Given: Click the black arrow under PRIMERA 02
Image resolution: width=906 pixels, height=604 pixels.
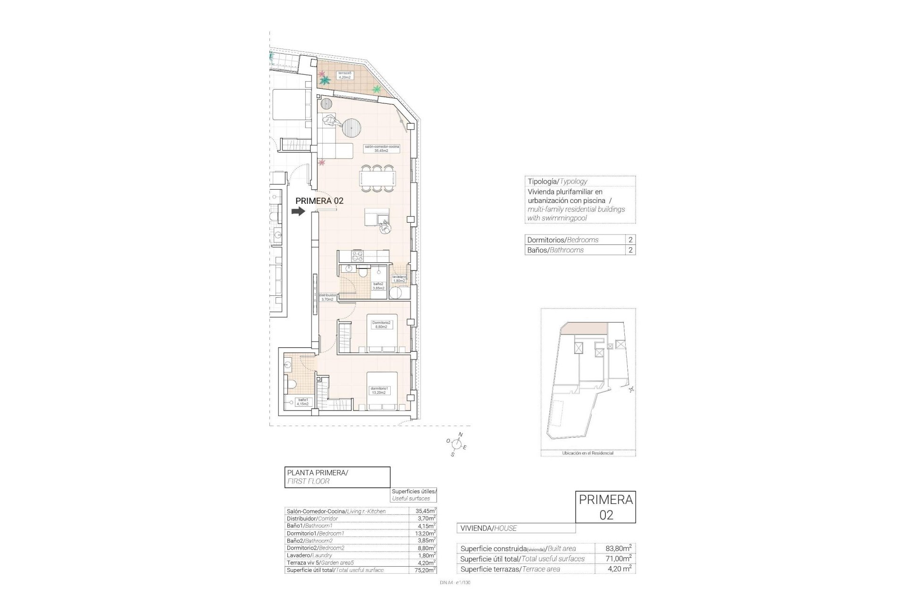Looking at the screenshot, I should click(x=298, y=212).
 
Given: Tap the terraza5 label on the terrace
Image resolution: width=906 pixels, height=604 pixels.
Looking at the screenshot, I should click(x=344, y=75).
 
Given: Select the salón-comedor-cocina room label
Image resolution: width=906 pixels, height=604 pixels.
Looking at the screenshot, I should click(x=382, y=149).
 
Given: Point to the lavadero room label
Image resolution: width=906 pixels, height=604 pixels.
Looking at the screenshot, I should click(x=399, y=279).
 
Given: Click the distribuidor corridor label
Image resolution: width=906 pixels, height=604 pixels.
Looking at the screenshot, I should click(x=327, y=297).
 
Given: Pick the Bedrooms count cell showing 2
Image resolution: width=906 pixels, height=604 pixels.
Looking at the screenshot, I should click(x=630, y=240).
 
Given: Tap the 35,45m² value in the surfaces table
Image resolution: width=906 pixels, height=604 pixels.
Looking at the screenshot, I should click(x=422, y=511).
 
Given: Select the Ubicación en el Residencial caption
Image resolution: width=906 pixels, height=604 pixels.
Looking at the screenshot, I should click(x=588, y=453).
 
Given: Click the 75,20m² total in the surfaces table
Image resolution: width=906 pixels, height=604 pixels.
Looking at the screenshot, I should click(x=422, y=570).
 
